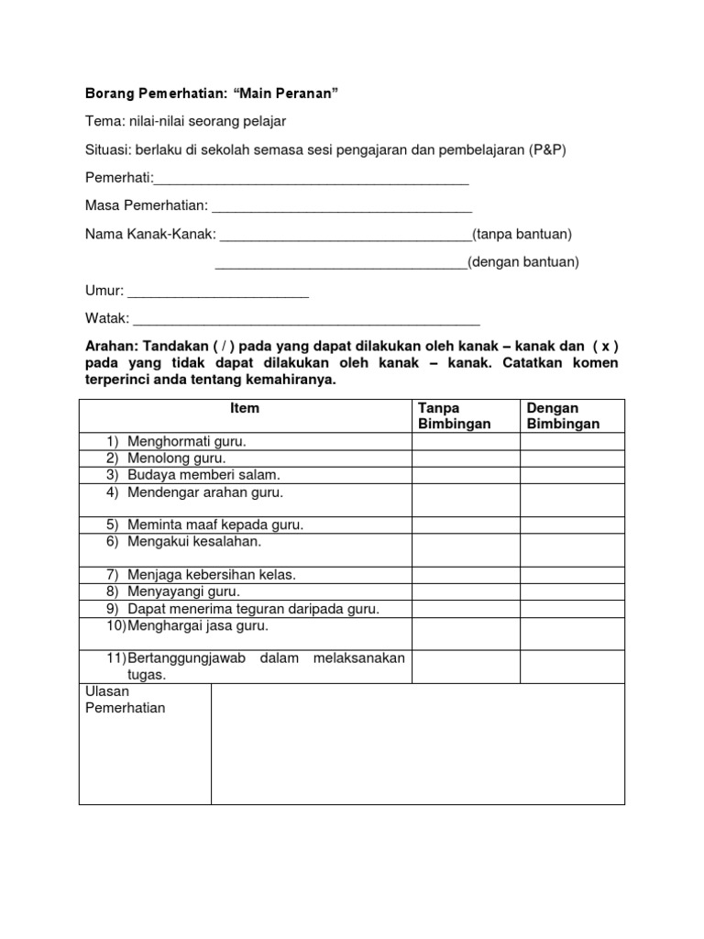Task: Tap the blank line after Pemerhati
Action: click(x=312, y=181)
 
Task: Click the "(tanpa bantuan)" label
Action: click(x=522, y=235)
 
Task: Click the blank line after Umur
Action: click(x=218, y=293)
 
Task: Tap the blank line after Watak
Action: click(x=307, y=322)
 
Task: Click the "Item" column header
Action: click(x=245, y=408)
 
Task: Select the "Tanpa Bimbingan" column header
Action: click(x=454, y=415)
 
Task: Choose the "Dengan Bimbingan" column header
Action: click(x=563, y=415)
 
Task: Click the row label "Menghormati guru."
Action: click(x=187, y=441)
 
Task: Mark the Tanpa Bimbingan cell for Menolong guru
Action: click(x=466, y=458)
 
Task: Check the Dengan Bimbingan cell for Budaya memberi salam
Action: click(x=573, y=475)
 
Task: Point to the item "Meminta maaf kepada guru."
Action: click(x=215, y=525)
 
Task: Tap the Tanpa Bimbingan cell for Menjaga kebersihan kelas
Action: click(x=466, y=575)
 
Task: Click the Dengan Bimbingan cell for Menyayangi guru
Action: click(x=573, y=591)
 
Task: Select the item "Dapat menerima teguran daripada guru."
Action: click(x=253, y=608)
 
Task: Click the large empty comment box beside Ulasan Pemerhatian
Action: click(x=418, y=744)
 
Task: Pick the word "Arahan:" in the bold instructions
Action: click(x=107, y=347)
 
